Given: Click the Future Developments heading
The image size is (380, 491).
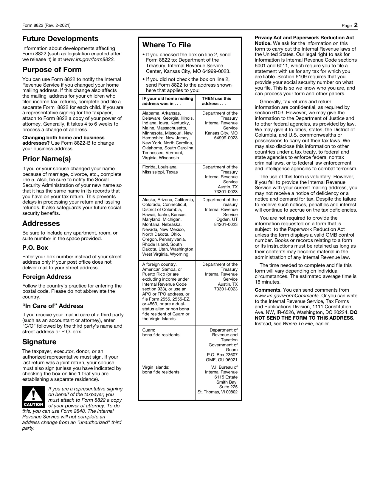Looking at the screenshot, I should point(60,39).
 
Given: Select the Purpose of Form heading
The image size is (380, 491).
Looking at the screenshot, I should point(52,70).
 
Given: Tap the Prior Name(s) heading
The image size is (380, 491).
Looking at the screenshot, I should point(46,159).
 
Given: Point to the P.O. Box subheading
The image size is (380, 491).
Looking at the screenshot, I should point(35,248).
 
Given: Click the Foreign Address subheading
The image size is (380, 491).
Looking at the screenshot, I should point(46,277).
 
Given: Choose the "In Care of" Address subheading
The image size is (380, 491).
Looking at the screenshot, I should point(53,306).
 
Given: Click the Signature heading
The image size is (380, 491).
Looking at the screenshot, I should point(39,342).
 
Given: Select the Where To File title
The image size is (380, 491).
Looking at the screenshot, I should point(167,45).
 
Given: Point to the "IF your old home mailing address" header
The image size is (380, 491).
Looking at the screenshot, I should point(168,101).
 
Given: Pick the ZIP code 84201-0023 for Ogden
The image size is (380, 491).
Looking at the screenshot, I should point(226,224).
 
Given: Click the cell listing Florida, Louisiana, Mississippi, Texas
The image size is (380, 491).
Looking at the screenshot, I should point(160,170).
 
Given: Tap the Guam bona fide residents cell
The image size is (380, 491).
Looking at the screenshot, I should point(161,332).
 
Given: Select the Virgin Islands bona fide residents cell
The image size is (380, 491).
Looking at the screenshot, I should point(161,370).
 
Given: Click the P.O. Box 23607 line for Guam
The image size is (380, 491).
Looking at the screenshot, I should point(222,355).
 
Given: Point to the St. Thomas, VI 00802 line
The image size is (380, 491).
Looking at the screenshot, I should point(218,392).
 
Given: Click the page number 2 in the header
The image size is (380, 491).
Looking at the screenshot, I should point(356,25).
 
